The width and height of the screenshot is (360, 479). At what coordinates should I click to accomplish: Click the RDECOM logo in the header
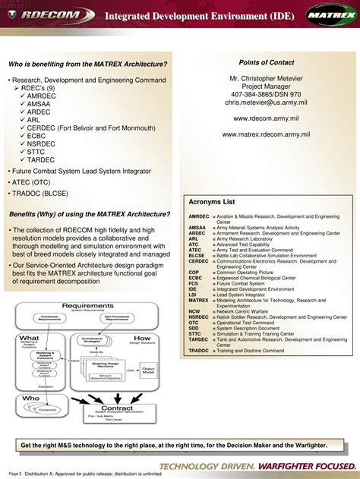pyautogui.click(x=49, y=14)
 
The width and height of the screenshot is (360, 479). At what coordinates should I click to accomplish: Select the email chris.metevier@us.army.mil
pyautogui.click(x=271, y=102)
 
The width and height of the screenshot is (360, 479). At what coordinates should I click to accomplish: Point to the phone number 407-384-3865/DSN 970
pyautogui.click(x=271, y=93)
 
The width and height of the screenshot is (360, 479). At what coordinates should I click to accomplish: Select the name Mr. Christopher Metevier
pyautogui.click(x=271, y=77)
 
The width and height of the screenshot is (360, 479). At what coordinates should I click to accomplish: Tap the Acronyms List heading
pyautogui.click(x=212, y=202)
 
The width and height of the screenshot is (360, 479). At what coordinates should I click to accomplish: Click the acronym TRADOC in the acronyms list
pyautogui.click(x=199, y=351)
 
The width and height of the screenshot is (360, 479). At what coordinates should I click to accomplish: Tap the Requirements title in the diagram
pyautogui.click(x=88, y=305)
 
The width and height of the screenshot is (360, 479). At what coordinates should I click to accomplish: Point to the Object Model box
pyautogui.click(x=149, y=369)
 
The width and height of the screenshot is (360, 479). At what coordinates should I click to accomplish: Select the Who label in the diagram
pyautogui.click(x=31, y=398)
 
